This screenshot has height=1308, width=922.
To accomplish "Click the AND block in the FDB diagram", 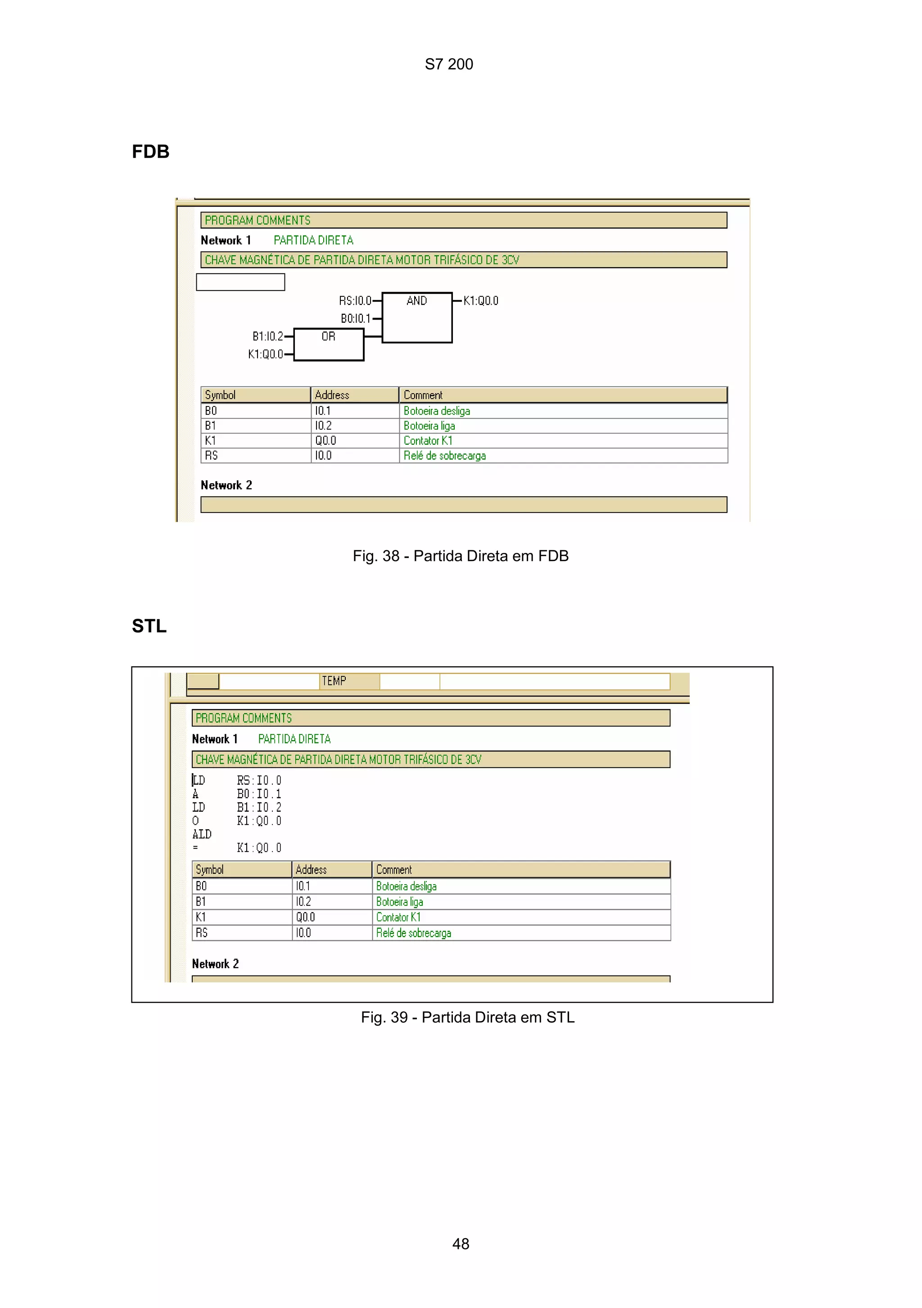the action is click(x=417, y=317).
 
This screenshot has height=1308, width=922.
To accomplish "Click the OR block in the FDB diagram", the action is click(x=329, y=344).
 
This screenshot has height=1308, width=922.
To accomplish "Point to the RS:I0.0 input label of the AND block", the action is click(x=355, y=300).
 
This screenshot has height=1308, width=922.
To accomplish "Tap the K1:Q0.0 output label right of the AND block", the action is click(x=481, y=300).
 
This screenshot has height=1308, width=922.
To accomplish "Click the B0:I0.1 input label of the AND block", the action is click(x=355, y=318).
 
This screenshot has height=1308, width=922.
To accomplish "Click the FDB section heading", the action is click(x=150, y=152).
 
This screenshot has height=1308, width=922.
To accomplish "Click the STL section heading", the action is click(x=149, y=626).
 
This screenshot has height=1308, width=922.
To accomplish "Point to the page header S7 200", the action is click(x=449, y=64).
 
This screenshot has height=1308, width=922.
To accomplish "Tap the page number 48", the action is click(x=461, y=1244).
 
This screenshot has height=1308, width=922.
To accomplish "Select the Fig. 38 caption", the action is click(x=460, y=556).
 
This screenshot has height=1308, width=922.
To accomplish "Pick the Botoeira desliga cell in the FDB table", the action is click(x=437, y=411).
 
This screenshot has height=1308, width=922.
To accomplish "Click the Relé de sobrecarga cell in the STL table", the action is click(x=413, y=932).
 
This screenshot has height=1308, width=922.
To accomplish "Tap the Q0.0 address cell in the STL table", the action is click(x=305, y=917).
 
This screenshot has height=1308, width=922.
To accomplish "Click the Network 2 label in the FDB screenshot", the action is click(x=226, y=485).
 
